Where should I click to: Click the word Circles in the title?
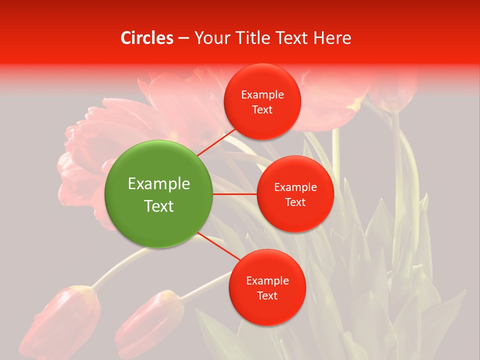(147, 38)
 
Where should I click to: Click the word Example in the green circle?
(159, 183)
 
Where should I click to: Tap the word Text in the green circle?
(159, 206)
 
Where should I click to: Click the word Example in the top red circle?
(262, 94)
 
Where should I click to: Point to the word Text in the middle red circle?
(295, 202)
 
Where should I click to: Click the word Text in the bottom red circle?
(267, 295)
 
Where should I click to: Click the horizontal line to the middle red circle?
(234, 194)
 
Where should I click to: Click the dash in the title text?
(183, 38)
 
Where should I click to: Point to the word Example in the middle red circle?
(295, 187)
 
